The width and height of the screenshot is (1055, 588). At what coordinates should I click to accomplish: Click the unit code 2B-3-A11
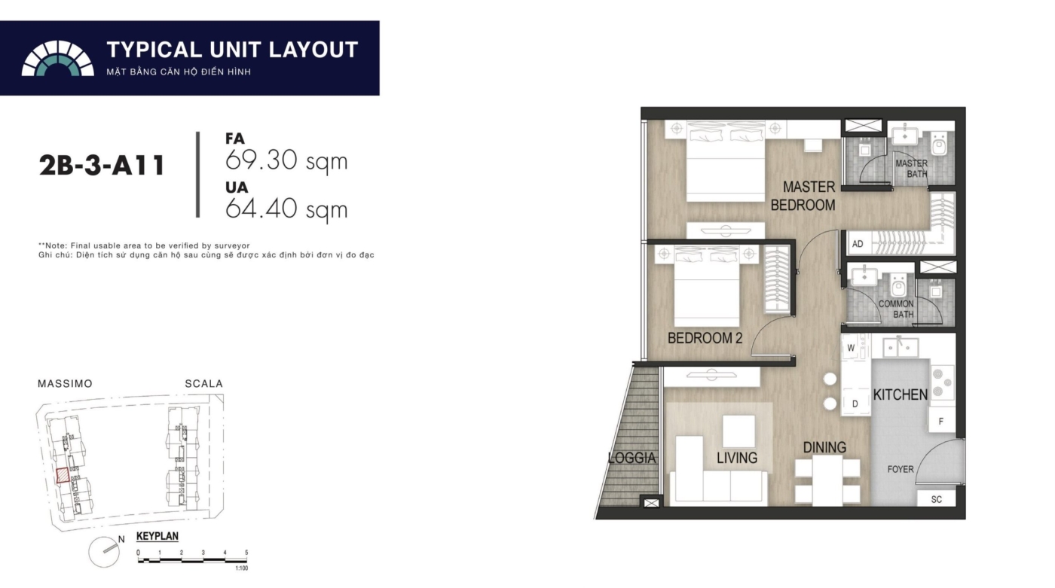102,165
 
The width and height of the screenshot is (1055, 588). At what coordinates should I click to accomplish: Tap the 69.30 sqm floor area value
286,160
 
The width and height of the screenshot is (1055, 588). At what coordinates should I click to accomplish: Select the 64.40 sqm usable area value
286,209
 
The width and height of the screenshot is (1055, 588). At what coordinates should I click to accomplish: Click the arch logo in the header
57,58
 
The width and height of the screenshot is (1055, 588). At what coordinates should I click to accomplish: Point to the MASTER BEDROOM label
803,196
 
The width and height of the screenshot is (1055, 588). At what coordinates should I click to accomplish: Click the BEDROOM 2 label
705,338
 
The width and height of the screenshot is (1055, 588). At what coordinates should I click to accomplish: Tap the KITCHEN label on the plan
900,395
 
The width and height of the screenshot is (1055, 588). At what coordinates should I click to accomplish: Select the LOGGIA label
631,458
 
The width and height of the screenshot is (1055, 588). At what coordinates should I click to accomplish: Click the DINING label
824,447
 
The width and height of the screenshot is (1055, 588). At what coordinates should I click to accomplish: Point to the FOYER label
900,469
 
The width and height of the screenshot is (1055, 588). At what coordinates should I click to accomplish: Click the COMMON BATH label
896,309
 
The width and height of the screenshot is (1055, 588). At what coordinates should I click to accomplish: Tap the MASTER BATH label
911,169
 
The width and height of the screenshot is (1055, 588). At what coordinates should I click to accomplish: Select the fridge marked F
941,421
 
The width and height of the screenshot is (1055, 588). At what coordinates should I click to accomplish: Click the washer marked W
851,348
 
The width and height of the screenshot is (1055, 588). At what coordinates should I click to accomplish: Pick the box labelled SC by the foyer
936,498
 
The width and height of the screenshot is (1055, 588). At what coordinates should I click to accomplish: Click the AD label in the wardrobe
858,244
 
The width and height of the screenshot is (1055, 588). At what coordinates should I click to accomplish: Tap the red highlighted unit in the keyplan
63,476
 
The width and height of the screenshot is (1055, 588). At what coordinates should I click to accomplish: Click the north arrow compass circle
104,552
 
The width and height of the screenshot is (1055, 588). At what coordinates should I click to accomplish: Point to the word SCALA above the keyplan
203,384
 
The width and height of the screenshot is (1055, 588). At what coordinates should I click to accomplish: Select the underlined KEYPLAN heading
157,536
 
